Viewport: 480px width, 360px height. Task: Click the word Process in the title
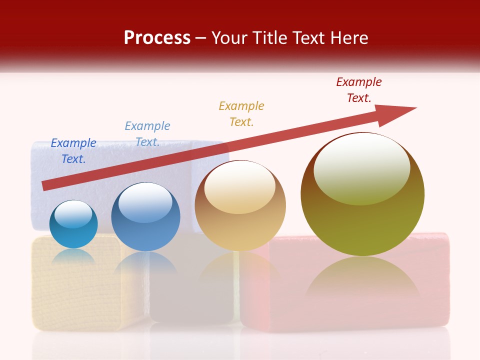pos(157,38)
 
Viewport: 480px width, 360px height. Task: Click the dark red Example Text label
pos(359,90)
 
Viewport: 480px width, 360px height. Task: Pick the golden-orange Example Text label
pos(241,113)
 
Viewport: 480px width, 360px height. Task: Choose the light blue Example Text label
pos(147,134)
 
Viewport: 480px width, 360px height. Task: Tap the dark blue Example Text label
pos(73,150)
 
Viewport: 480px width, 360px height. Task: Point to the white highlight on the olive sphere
pos(362,168)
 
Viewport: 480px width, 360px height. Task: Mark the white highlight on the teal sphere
pos(73,214)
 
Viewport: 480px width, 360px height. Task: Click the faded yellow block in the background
pos(75,290)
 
